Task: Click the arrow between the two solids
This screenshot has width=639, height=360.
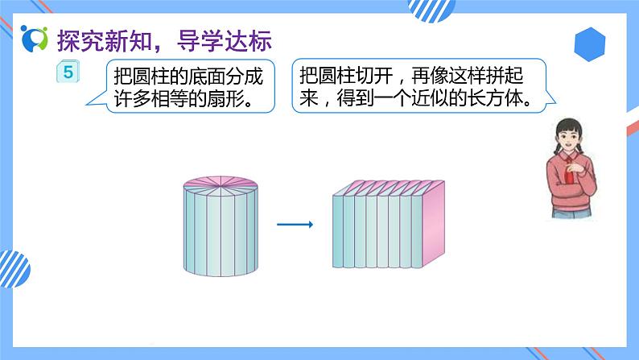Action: pyautogui.click(x=294, y=224)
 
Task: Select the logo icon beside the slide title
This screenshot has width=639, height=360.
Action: pyautogui.click(x=35, y=38)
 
